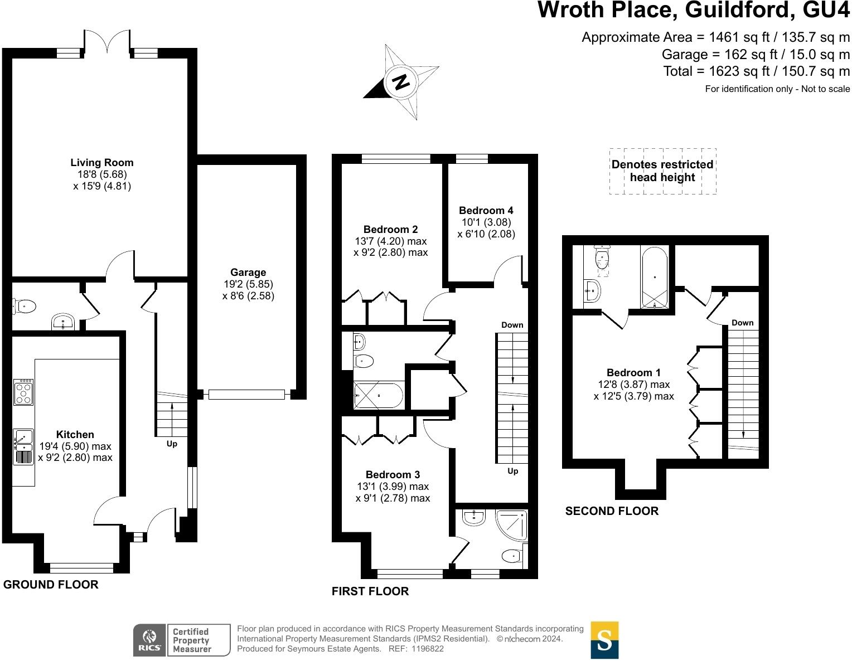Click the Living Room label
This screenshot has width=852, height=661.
click(x=101, y=163)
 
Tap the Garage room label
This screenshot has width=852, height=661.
click(x=248, y=273)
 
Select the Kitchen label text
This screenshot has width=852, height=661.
click(x=75, y=434)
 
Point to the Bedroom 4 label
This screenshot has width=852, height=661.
click(x=486, y=210)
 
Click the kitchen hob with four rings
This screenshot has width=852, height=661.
click(x=24, y=392)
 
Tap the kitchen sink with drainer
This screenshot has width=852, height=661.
click(x=23, y=446)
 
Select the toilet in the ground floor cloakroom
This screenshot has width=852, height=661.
click(x=24, y=306)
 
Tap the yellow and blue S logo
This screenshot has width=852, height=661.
click(x=604, y=640)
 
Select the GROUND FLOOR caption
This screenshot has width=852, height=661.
click(x=51, y=584)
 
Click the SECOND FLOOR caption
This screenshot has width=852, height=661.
click(x=612, y=511)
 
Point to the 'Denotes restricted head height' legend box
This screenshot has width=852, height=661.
click(x=662, y=171)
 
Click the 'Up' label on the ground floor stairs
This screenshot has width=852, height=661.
click(x=172, y=444)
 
